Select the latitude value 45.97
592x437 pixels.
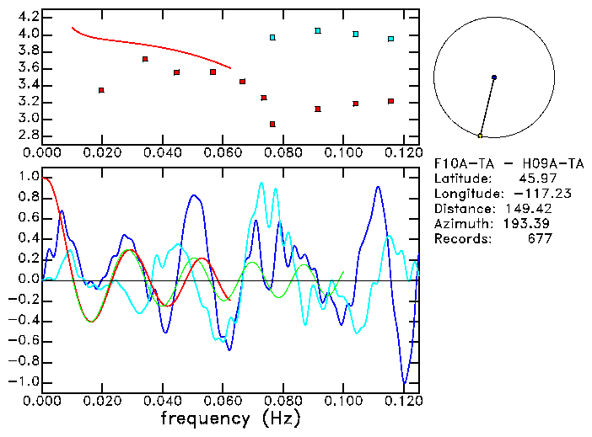tap(533, 179)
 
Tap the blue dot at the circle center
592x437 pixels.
tap(494, 77)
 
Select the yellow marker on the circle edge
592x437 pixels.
tap(480, 135)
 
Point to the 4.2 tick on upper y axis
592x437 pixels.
tap(28, 17)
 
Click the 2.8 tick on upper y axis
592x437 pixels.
tap(28, 136)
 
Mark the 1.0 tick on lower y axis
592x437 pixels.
tap(28, 177)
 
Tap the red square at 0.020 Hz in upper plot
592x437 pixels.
tap(101, 90)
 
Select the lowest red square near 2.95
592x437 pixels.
tap(272, 124)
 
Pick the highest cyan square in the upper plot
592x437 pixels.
tap(318, 30)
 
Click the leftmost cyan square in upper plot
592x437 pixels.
tap(272, 37)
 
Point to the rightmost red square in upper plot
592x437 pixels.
tap(391, 101)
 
